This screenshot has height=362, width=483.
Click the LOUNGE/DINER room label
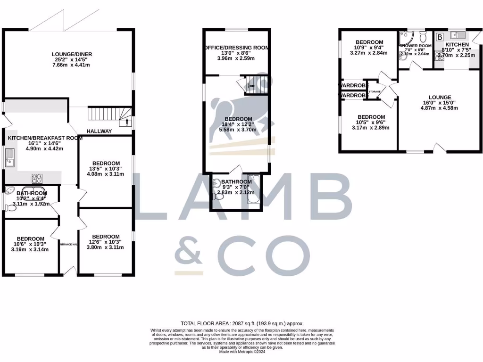click(x=72, y=54)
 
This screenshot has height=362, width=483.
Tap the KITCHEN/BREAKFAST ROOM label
click(x=45, y=138)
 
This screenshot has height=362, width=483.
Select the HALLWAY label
click(x=99, y=131)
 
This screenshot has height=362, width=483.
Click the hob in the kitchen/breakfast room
click(x=37, y=178)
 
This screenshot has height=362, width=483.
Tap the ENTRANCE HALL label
click(x=68, y=244)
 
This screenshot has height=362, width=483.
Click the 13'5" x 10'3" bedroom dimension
click(x=105, y=169)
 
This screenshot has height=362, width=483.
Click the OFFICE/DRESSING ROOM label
click(x=237, y=48)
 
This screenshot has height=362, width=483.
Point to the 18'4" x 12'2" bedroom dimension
click(x=238, y=124)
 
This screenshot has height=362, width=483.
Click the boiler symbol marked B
click(x=440, y=36)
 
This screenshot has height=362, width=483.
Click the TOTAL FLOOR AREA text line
click(x=241, y=324)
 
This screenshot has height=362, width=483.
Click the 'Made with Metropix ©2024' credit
click(x=241, y=352)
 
